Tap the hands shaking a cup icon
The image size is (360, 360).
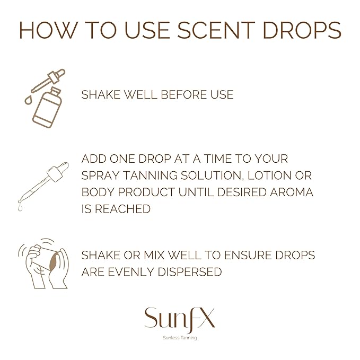point(44,262)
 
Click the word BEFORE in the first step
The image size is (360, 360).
point(183,95)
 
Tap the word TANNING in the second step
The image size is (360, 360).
point(152,175)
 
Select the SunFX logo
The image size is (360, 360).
point(179,319)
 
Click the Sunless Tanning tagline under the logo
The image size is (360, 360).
point(179,338)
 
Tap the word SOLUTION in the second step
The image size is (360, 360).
point(209,175)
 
